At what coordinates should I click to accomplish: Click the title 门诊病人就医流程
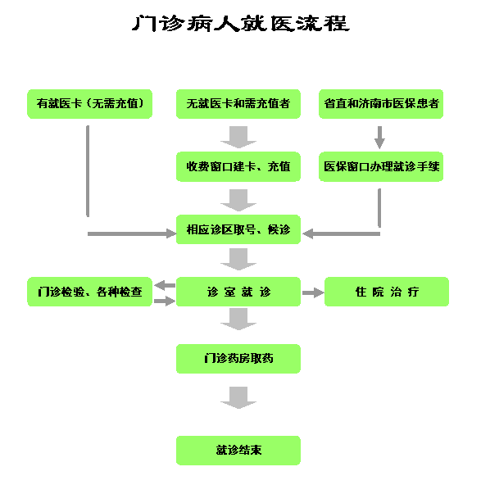(241, 24)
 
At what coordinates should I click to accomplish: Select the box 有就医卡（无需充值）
(90, 104)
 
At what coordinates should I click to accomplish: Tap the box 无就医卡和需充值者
(238, 104)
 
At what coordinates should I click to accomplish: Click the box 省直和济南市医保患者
(381, 104)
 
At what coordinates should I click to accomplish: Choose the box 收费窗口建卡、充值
(238, 166)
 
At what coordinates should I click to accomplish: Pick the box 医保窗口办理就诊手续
(381, 166)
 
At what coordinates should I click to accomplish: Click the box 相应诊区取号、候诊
(238, 229)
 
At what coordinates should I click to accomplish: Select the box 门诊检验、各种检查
(90, 292)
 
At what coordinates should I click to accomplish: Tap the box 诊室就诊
(238, 292)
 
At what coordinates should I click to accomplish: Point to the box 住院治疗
(387, 292)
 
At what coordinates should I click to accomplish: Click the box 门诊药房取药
(238, 359)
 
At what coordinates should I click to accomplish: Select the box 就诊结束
(238, 451)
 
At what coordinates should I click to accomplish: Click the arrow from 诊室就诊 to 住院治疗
(313, 293)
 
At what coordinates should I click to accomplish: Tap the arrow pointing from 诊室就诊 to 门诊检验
(165, 285)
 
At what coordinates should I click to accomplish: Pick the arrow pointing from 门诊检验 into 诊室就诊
(165, 301)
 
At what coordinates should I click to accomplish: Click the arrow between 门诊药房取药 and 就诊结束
(238, 398)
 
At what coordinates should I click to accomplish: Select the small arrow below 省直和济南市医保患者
(379, 138)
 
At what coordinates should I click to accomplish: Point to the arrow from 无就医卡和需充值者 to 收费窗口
(238, 138)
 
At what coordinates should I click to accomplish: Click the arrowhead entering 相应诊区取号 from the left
(171, 233)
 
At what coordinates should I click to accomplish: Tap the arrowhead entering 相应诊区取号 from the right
(307, 233)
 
